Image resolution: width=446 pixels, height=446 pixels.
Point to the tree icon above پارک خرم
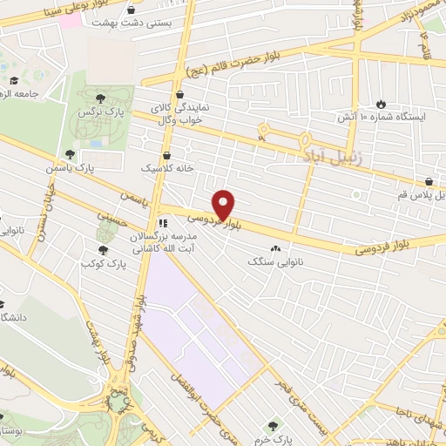(x=275, y=425)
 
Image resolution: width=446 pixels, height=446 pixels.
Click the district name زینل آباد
(x=327, y=158)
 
